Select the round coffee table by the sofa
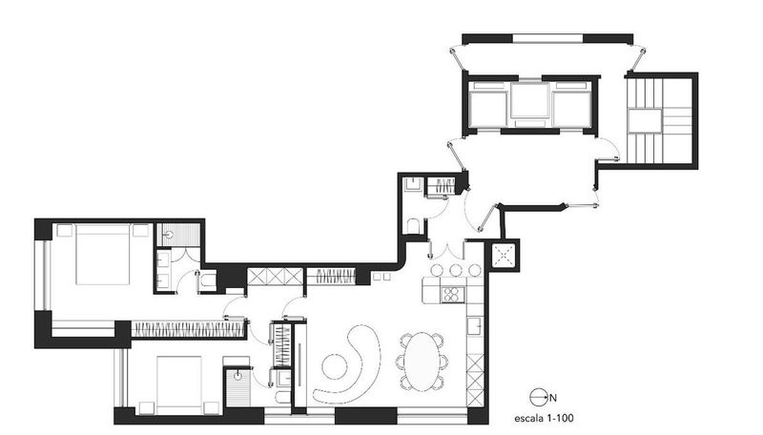pyautogui.click(x=336, y=365)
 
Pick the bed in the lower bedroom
pyautogui.click(x=177, y=383)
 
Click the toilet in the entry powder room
pyautogui.click(x=411, y=226)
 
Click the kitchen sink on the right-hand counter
pyautogui.click(x=473, y=327)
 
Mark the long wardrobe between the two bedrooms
pyautogui.click(x=188, y=328)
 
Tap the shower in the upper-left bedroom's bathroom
pyautogui.click(x=178, y=234)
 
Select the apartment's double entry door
pyautogui.click(x=449, y=250)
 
